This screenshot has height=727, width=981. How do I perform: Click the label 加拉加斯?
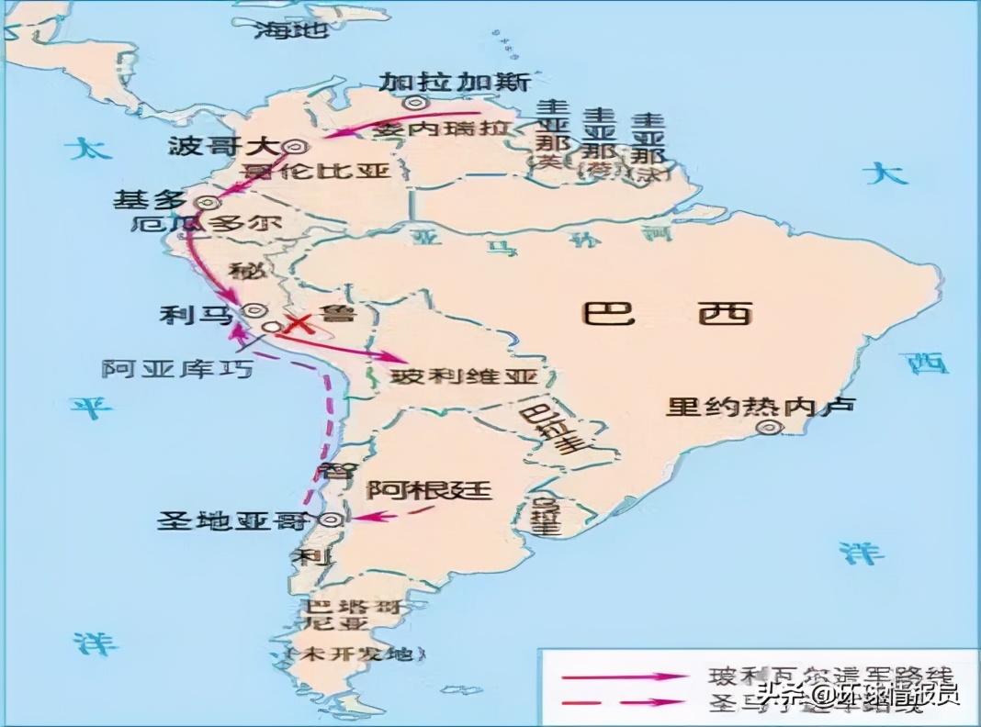coord(456,82)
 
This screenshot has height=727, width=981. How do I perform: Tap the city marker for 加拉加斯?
coord(418,104)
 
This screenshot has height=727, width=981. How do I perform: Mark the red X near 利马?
coord(298,323)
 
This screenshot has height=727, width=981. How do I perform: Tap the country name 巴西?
coord(668,313)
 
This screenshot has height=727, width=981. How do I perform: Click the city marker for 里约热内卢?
coord(766,429)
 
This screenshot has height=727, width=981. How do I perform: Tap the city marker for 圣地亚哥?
coord(334,520)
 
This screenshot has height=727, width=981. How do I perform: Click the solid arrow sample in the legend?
coord(625,676)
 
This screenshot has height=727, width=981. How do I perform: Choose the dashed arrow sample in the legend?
coord(625,701)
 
